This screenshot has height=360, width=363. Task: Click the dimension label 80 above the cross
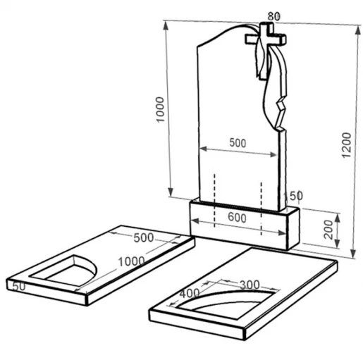click(274, 16)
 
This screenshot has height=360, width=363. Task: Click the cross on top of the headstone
click(266, 37)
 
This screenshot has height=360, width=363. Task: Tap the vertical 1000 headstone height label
click(160, 109)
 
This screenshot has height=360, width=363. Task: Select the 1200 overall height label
click(346, 145)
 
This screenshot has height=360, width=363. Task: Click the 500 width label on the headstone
click(238, 143)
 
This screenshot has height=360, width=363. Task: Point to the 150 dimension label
click(293, 196)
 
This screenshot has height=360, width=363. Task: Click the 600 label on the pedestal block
click(237, 218)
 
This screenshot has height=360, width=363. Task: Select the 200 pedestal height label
click(328, 230)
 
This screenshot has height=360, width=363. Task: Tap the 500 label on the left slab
click(144, 238)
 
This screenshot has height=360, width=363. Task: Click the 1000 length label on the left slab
click(131, 261)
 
